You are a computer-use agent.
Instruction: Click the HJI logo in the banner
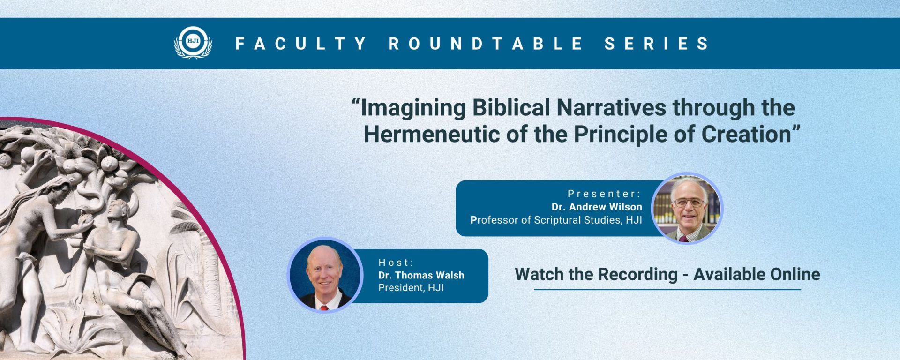tap(193, 43)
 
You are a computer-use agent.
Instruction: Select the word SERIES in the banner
tap(657, 44)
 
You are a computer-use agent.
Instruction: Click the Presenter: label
tap(604, 194)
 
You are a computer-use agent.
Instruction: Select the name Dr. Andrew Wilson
tap(597, 207)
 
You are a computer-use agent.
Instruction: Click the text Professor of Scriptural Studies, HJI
tap(556, 220)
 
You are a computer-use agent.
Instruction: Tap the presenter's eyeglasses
tap(688, 203)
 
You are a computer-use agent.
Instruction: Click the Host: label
tap(397, 262)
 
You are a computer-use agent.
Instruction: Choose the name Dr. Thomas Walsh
tap(421, 275)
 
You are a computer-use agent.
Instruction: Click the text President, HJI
tap(411, 288)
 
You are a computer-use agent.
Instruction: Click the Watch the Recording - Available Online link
tap(667, 274)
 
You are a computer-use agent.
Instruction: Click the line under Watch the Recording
tap(667, 290)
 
